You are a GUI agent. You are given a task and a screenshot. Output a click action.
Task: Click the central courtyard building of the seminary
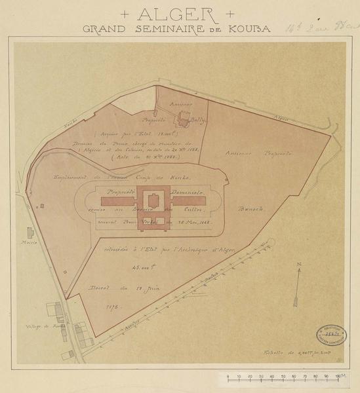(151, 200)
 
